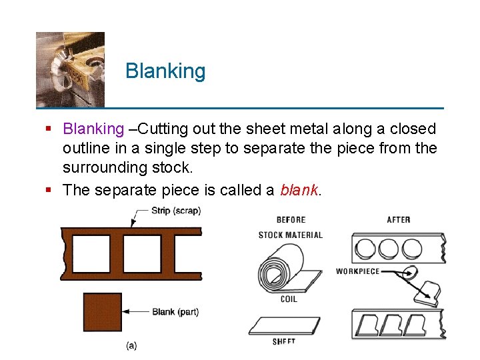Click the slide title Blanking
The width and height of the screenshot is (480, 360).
coord(165,71)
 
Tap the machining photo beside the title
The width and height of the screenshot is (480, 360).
coord(70,69)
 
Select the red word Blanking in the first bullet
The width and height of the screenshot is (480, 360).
coord(93,129)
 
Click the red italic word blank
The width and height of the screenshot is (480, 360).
coord(299,190)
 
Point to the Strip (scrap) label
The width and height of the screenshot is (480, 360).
coord(176,211)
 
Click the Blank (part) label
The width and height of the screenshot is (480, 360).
coord(175,311)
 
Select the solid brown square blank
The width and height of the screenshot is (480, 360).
coord(102,312)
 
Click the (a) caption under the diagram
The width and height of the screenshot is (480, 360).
coord(132,345)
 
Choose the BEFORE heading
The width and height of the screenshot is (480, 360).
coord(291,220)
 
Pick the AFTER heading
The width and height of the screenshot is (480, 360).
coord(399,220)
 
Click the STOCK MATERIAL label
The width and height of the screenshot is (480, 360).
coord(291,235)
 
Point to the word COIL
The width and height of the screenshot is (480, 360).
coord(289,299)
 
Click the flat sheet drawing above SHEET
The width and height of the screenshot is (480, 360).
coord(283,325)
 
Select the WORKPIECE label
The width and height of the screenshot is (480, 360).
coord(357,271)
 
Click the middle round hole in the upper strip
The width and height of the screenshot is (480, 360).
coord(388,249)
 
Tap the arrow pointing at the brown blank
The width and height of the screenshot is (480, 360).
coord(136,311)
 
